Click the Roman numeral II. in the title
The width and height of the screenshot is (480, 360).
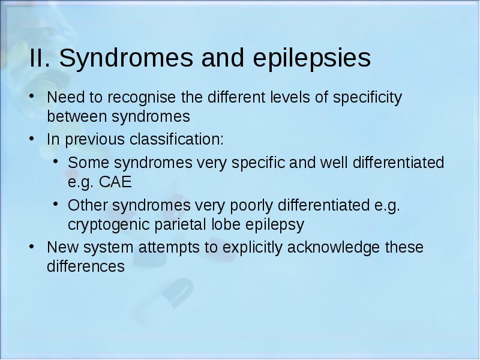pyautogui.click(x=40, y=58)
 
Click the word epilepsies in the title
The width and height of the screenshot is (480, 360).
pyautogui.click(x=312, y=58)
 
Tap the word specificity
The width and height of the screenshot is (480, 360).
pyautogui.click(x=367, y=98)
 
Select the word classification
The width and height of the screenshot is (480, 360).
pyautogui.click(x=176, y=139)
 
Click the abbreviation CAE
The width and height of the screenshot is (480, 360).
pyautogui.click(x=115, y=182)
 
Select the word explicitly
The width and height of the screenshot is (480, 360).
pyautogui.click(x=252, y=248)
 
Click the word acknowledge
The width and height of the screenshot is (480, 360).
pyautogui.click(x=334, y=248)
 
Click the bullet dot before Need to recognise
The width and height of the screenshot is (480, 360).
pyautogui.click(x=31, y=95)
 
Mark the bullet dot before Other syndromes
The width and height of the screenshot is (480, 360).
pyautogui.click(x=55, y=203)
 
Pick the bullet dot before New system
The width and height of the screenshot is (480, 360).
pyautogui.click(x=31, y=246)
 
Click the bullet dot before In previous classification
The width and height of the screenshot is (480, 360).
pyautogui.click(x=31, y=138)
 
